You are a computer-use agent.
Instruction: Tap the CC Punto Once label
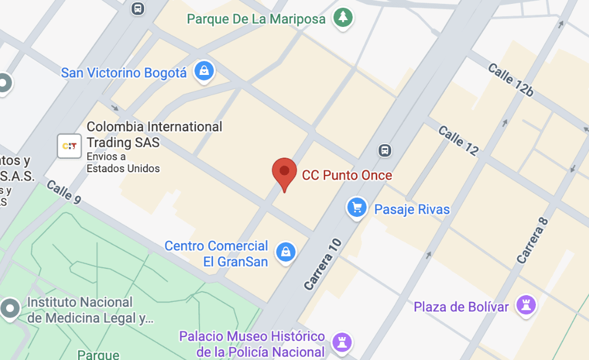pyautogui.click(x=347, y=175)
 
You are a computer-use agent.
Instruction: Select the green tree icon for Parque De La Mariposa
pyautogui.click(x=343, y=17)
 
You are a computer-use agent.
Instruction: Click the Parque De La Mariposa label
pyautogui.click(x=256, y=19)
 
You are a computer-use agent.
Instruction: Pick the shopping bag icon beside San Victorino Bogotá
pyautogui.click(x=205, y=71)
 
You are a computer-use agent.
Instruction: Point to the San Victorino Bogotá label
pyautogui.click(x=123, y=73)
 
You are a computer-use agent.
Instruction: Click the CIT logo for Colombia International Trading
pyautogui.click(x=69, y=146)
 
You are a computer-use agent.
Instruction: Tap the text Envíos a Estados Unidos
pyautogui.click(x=123, y=163)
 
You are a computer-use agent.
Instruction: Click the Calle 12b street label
pyautogui.click(x=510, y=80)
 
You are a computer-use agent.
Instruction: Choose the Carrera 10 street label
pyautogui.click(x=322, y=264)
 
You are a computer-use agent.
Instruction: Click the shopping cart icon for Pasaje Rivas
pyautogui.click(x=357, y=208)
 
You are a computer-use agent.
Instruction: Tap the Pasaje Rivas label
pyautogui.click(x=412, y=210)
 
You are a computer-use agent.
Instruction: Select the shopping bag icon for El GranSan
pyautogui.click(x=286, y=252)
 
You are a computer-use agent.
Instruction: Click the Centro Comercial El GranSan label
pyautogui.click(x=216, y=253)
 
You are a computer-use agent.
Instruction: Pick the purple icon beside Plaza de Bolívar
pyautogui.click(x=526, y=305)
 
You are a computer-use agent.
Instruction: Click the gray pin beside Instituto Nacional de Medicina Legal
pyautogui.click(x=10, y=308)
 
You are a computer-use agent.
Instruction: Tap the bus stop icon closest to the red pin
pyautogui.click(x=384, y=150)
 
